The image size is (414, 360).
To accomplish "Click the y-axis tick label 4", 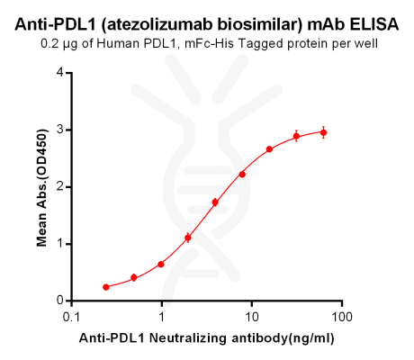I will click(59, 72).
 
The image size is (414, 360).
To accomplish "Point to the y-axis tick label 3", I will click(59, 130).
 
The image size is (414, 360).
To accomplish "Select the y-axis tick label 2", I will click(59, 186).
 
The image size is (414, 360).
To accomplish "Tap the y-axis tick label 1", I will click(59, 244).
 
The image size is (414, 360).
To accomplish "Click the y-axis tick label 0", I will click(59, 301).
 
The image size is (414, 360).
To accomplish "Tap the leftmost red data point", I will click(106, 287).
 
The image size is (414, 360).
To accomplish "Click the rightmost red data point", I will click(323, 132).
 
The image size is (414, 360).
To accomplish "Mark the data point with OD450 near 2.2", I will click(242, 174).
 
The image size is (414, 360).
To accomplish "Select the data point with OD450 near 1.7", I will click(215, 202).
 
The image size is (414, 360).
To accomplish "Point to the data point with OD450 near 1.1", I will click(188, 238).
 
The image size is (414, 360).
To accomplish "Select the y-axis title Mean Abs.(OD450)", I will click(41, 187).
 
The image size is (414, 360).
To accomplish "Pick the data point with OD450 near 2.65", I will click(269, 149).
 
